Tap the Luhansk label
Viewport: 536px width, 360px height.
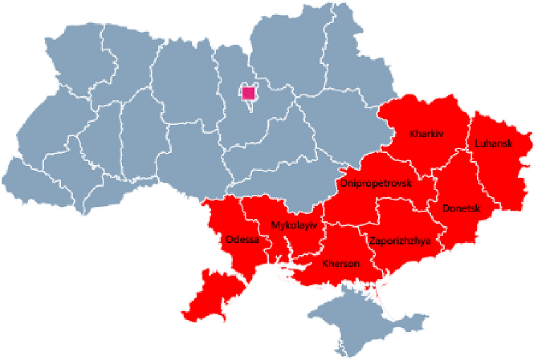click(x=494, y=144)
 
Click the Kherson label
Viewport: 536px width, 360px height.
click(x=341, y=264)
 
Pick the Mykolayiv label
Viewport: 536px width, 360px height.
click(x=293, y=225)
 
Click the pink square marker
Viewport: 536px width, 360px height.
click(x=248, y=93)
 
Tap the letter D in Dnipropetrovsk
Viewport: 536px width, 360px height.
click(x=342, y=184)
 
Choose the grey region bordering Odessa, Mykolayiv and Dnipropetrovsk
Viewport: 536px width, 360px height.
click(x=277, y=183)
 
